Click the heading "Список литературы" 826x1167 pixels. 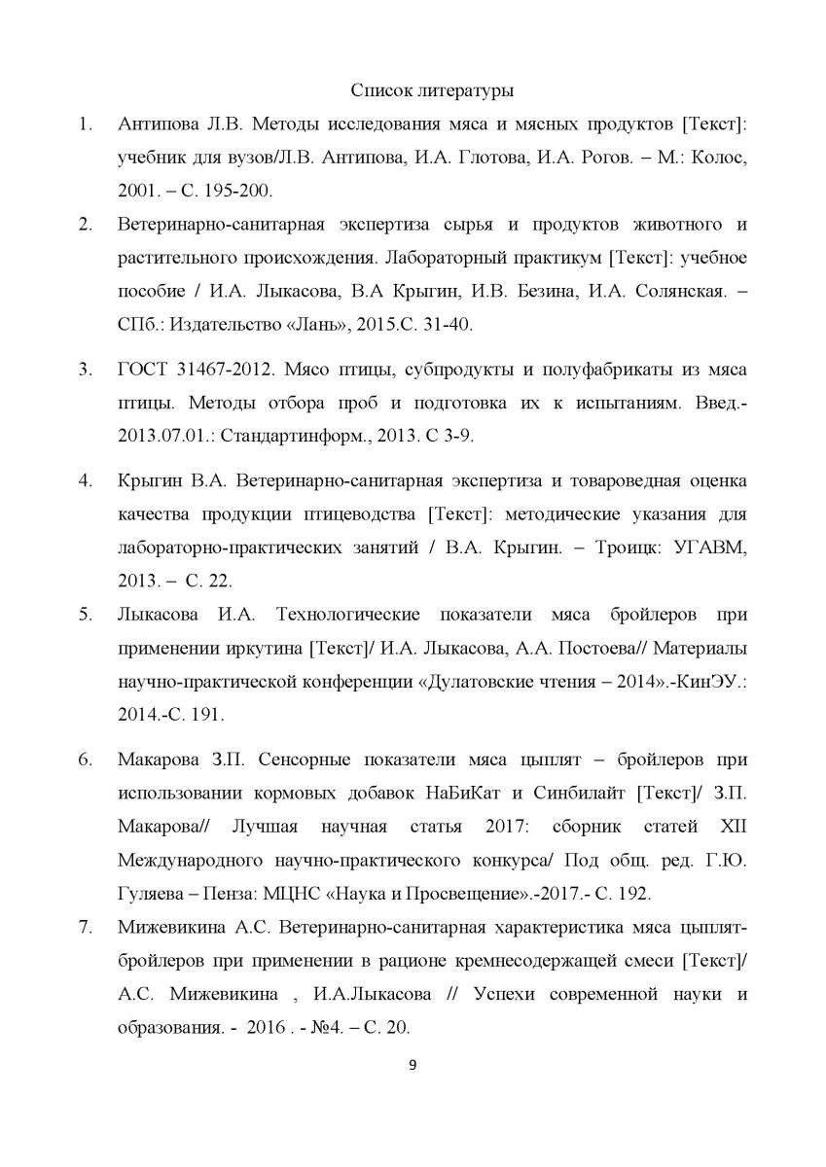pyautogui.click(x=432, y=91)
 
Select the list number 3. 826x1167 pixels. pyautogui.click(x=85, y=369)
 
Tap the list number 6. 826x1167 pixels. pyautogui.click(x=85, y=758)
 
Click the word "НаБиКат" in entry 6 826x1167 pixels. pyautogui.click(x=462, y=792)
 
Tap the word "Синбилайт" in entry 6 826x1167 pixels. pyautogui.click(x=578, y=792)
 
